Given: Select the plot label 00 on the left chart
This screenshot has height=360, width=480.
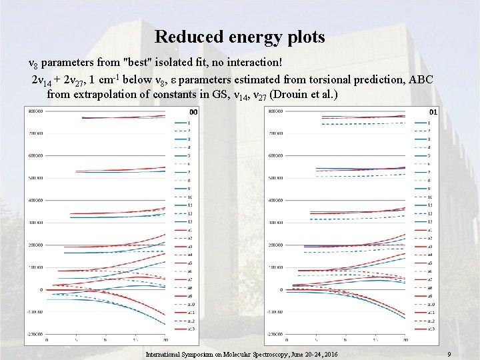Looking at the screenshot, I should pyautogui.click(x=193, y=111).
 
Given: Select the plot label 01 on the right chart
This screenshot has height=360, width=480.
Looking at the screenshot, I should pyautogui.click(x=433, y=111).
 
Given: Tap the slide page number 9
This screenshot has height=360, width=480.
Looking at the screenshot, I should pyautogui.click(x=451, y=354).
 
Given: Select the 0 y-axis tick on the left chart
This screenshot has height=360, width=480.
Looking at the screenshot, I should pyautogui.click(x=41, y=290).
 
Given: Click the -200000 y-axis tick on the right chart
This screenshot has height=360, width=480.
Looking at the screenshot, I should pyautogui.click(x=275, y=334).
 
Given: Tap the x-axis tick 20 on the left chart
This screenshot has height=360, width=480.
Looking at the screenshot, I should pyautogui.click(x=165, y=341).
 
